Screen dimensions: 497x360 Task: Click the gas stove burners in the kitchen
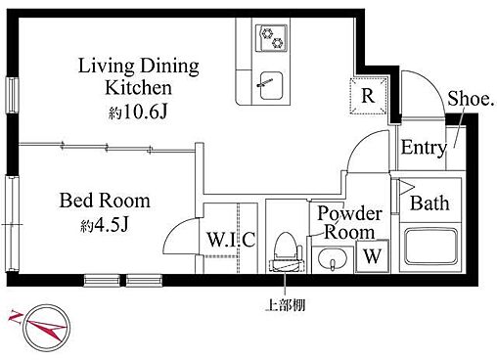coord(271,38)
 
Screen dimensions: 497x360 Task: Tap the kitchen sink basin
coord(271,86)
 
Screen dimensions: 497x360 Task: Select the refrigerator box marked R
coord(368,96)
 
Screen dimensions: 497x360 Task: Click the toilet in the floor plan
coord(286,251)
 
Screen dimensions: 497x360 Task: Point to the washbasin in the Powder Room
coord(332,259)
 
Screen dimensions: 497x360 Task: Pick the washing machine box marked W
coord(373,256)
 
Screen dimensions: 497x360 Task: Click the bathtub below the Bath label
coord(430,247)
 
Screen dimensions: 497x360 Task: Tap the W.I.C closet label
coord(231,240)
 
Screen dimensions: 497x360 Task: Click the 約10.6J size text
coord(138,112)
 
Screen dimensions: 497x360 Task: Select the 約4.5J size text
coord(105,225)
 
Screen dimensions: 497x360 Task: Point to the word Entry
coord(424,148)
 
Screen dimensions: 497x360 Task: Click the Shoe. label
coord(470,98)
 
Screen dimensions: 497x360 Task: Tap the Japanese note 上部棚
coord(286,305)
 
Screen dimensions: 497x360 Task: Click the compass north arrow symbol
coord(39,325)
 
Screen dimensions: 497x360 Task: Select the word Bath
coord(429,202)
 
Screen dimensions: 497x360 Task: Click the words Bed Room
coord(105,201)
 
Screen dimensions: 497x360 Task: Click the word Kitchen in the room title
coord(138,88)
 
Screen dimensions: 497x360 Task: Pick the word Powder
coord(349,214)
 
